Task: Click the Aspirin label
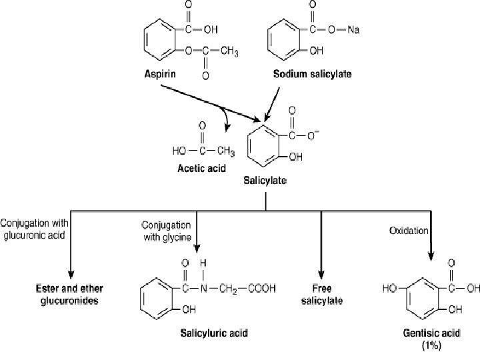click(162, 74)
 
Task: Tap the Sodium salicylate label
click(312, 74)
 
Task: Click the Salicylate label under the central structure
click(265, 180)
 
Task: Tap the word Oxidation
click(409, 231)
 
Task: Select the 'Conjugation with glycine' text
click(166, 231)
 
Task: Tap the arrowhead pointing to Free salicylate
click(321, 275)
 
